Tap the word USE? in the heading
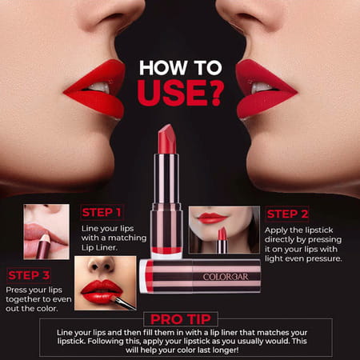179,93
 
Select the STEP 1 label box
102,213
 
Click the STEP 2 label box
287,214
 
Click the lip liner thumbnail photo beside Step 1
46,231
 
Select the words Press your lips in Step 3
32,289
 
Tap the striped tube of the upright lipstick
166,200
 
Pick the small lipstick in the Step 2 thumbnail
222,239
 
